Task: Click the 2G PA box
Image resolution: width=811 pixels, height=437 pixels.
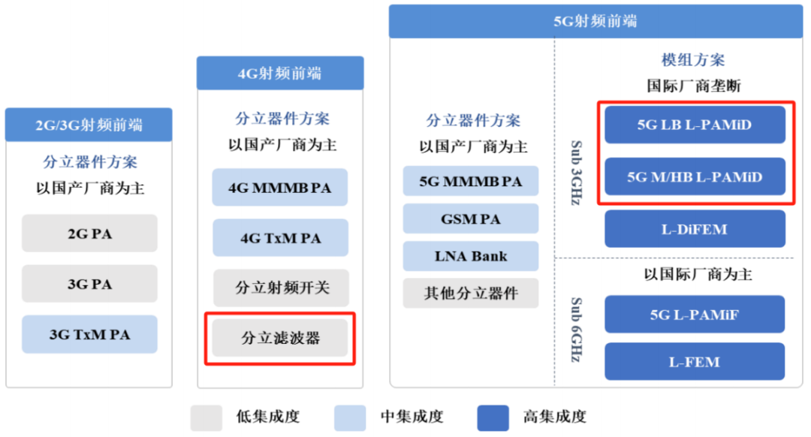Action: click(89, 234)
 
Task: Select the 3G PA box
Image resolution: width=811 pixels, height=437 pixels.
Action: click(89, 284)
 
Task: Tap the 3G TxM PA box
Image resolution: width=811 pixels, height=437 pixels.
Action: click(89, 334)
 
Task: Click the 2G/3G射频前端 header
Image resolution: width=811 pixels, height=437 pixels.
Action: click(89, 125)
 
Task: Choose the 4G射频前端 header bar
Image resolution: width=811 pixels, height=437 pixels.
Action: click(280, 73)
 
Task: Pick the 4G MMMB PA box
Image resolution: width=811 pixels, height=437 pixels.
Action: click(280, 187)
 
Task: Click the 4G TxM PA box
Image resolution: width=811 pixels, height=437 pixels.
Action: click(280, 238)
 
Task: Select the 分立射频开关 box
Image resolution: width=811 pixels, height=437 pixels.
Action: click(280, 288)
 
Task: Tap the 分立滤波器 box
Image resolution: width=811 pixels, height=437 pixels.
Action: click(280, 338)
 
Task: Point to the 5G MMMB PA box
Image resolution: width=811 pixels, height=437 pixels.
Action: click(471, 182)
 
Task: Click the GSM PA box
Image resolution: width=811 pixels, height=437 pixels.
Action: click(471, 219)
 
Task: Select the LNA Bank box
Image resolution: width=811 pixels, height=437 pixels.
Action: click(471, 256)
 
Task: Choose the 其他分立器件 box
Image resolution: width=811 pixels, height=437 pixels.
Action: click(471, 293)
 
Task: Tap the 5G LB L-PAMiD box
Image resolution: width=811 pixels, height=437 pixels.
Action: click(695, 125)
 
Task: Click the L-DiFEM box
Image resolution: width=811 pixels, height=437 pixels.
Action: click(695, 229)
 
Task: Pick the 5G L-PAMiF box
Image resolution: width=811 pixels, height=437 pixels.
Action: click(695, 315)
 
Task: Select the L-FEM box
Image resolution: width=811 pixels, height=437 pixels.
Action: click(695, 362)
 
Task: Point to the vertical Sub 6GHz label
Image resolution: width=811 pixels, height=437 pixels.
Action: click(576, 330)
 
